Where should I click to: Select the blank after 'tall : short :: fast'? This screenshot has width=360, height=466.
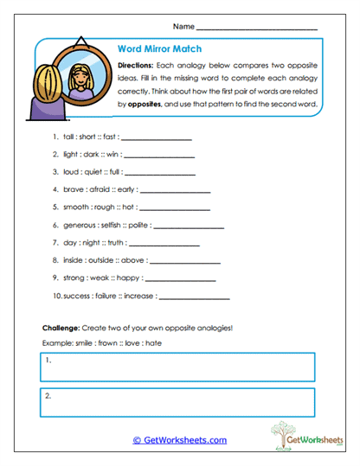click(157, 137)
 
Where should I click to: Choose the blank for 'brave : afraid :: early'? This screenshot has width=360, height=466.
click(175, 188)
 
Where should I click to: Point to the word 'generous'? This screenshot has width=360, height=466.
click(82, 225)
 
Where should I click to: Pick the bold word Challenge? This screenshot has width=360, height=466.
click(61, 329)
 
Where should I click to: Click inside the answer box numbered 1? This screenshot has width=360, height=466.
click(177, 367)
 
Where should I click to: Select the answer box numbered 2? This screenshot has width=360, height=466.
click(177, 402)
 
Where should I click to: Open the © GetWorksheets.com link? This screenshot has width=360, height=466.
click(180, 439)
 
